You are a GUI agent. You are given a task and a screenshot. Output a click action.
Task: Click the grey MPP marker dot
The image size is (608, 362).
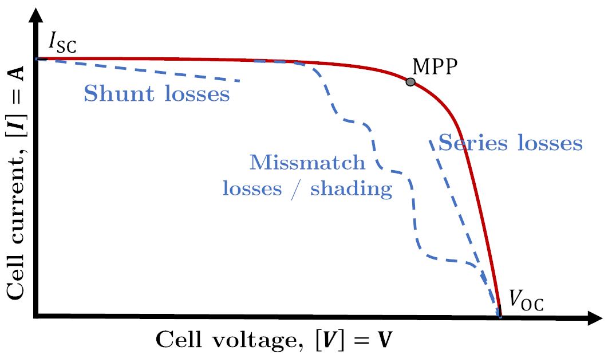coord(410,82)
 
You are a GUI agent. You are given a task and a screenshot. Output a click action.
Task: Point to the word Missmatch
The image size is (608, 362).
coord(307,163)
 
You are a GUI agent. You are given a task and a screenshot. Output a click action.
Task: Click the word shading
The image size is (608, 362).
coord(352,190)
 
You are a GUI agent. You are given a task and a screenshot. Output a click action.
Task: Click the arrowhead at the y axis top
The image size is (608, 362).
coord(37,10)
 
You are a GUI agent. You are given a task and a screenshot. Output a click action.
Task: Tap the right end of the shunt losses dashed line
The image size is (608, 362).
coord(239,81)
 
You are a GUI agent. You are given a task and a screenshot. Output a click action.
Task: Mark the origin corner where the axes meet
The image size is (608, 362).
coord(37,316)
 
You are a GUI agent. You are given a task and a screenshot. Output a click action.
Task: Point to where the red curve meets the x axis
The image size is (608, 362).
coord(499,316)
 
